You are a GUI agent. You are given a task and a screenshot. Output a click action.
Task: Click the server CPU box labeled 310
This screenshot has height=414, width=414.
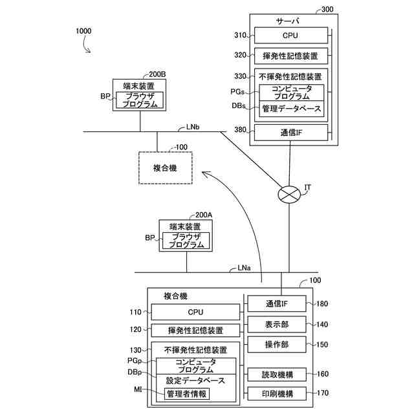291,36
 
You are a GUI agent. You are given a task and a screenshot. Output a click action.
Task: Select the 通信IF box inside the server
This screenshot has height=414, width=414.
291,133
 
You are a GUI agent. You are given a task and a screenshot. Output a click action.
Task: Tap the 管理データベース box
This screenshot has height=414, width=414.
292,109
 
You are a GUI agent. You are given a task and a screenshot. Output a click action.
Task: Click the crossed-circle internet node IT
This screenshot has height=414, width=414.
289,195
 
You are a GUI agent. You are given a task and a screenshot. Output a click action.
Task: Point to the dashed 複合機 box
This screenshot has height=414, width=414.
166,168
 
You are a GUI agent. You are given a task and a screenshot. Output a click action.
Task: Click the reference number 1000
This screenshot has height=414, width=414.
83,31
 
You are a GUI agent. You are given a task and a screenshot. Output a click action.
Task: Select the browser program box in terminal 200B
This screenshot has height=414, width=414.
140,100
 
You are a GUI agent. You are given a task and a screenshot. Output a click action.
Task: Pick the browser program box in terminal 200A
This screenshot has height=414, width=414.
186,241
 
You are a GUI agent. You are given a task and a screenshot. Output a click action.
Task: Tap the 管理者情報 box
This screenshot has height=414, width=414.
187,394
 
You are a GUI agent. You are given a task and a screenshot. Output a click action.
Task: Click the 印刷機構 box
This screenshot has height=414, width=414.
277,394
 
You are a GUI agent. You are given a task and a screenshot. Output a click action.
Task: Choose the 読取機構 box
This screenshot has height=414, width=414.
277,375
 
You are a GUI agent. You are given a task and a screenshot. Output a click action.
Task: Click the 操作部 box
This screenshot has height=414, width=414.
277,344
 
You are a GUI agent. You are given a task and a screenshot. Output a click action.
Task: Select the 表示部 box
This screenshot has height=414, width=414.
277,324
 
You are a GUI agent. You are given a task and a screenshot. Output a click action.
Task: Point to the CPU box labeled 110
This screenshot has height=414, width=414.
195,312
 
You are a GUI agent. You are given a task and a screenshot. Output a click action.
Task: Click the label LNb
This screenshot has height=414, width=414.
193,127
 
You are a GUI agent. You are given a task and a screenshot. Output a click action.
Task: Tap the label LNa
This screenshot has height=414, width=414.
244,268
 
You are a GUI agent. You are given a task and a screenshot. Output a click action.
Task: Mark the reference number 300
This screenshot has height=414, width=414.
327,10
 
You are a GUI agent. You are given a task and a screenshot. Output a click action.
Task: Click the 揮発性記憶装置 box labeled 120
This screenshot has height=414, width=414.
195,331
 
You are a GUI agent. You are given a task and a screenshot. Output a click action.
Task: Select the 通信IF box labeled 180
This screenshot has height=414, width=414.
277,303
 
